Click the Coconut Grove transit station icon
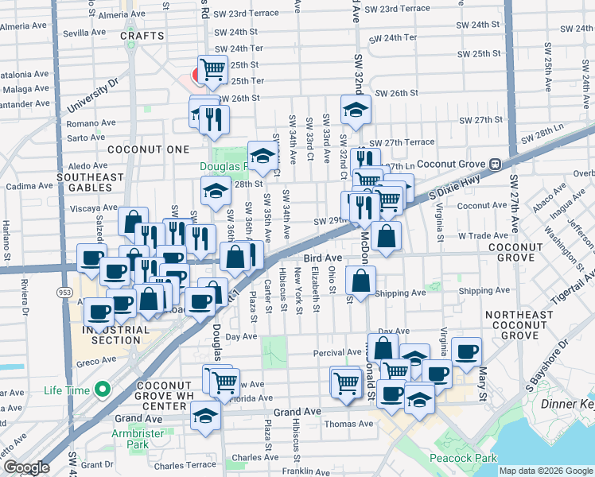(494, 164)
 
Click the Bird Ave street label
(322, 258)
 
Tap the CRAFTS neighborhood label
(142, 36)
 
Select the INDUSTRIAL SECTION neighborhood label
(115, 335)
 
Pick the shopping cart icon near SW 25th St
(212, 69)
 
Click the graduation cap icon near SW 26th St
(356, 110)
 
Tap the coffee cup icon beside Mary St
(466, 350)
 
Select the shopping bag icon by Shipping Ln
(361, 281)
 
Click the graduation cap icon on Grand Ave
(206, 415)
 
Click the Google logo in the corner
(26, 467)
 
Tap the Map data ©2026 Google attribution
(545, 471)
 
